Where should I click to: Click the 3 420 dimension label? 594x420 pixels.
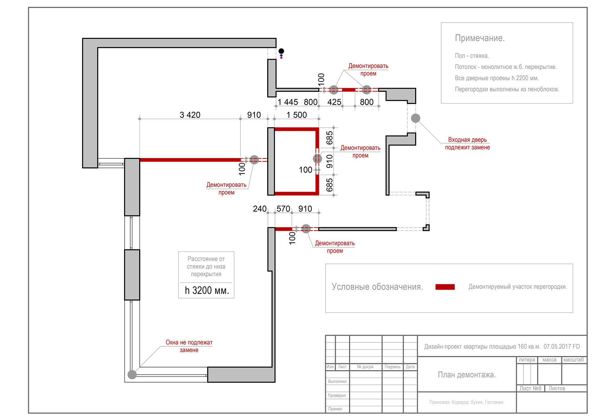(190, 115)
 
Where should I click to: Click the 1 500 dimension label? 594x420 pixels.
(296, 115)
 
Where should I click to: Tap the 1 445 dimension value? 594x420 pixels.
(287, 102)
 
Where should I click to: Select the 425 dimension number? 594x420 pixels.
(334, 102)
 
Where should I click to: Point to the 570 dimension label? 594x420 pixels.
(283, 209)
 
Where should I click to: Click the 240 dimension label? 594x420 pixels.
(260, 209)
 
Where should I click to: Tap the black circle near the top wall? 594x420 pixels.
(281, 51)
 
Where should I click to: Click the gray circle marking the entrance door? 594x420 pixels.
(415, 118)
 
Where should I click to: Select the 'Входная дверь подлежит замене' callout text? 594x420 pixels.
(467, 144)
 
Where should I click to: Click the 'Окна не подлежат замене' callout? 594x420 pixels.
(189, 346)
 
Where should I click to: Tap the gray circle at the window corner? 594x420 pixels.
(132, 375)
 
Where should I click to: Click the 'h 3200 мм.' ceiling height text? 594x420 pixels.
(207, 290)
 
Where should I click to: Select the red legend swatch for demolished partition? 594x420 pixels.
(445, 287)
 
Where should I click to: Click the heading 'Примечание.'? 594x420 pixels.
(480, 38)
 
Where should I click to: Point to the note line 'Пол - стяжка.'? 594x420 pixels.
(472, 56)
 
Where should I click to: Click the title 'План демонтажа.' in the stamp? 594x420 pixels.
(467, 375)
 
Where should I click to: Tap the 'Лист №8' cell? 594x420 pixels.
(530, 388)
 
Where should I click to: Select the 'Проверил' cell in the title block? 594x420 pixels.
(337, 395)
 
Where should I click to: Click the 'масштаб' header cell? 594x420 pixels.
(574, 360)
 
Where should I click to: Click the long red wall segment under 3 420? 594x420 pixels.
(190, 160)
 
